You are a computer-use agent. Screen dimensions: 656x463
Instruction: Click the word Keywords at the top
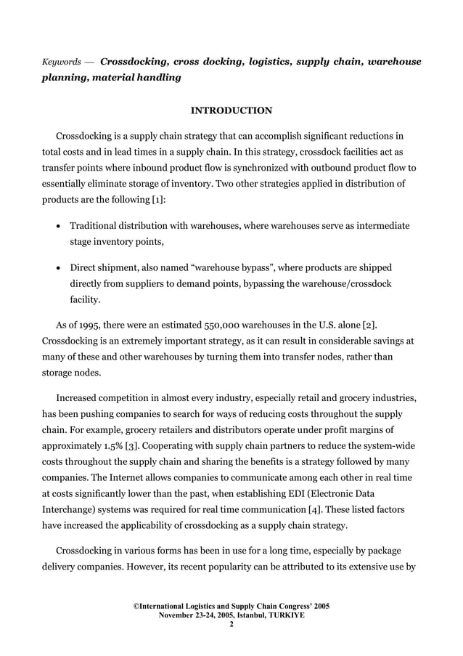point(62,63)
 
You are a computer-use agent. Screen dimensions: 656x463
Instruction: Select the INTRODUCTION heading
point(231,110)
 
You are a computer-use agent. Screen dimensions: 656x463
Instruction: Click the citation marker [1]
point(157,199)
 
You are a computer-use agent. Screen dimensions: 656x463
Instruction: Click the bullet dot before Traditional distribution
point(58,227)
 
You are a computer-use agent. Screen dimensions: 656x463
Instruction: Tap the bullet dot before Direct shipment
point(58,267)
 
